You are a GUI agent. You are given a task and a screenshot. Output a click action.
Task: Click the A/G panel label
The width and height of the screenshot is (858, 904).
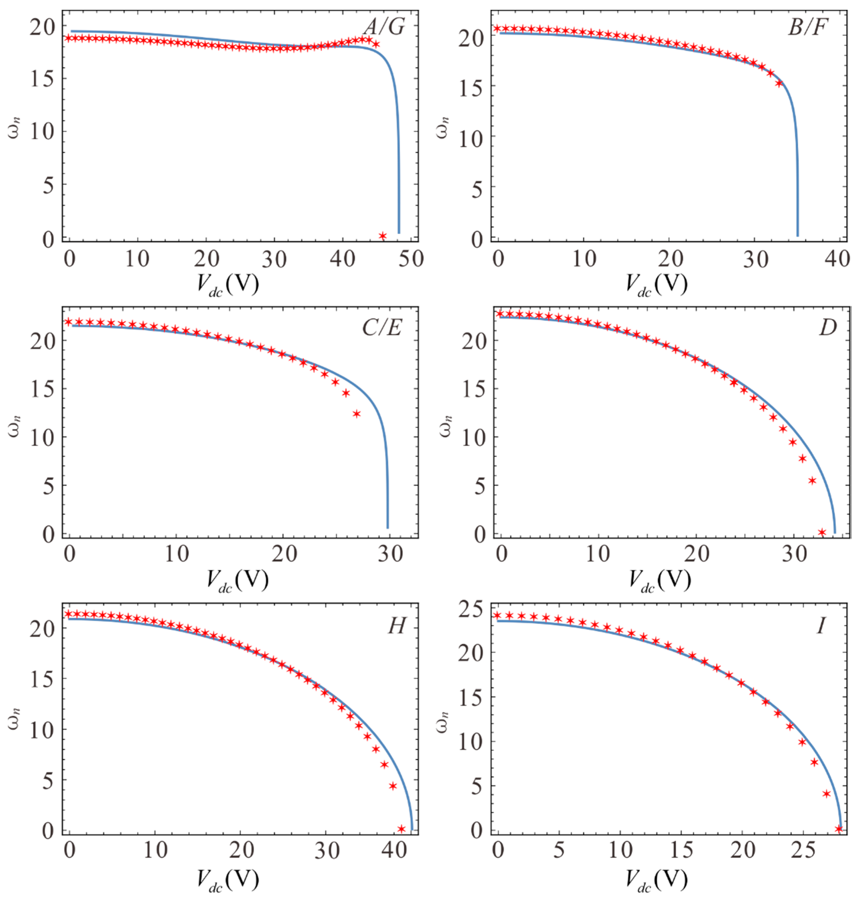[384, 27]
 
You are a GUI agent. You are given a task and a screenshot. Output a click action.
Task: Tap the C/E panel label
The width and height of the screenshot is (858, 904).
[382, 327]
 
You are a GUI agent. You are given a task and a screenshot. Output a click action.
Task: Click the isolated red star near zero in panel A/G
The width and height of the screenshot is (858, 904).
[383, 236]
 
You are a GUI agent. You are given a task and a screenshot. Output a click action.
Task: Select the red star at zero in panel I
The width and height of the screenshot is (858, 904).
[839, 829]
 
